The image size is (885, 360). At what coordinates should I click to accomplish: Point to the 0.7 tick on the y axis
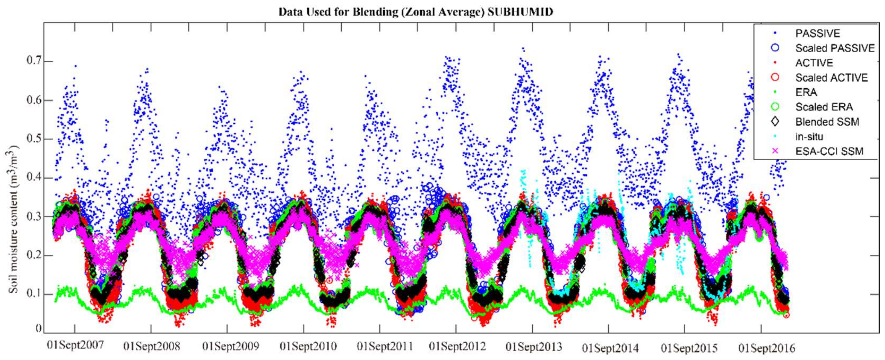[33, 61]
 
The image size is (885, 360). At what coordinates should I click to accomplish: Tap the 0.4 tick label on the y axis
[33, 178]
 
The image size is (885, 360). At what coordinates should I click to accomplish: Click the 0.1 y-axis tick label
[33, 294]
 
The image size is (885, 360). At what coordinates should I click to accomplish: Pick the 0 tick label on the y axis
[38, 328]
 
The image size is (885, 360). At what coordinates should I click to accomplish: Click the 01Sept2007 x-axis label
[75, 345]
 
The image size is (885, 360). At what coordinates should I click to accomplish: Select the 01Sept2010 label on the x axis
[308, 346]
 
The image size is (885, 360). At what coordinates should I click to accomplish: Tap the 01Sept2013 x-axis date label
[533, 347]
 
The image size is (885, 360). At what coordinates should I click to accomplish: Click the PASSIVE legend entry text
[817, 33]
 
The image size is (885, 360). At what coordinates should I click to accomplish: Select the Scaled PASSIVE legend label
[835, 48]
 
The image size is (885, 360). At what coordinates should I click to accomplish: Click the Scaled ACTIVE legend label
[831, 78]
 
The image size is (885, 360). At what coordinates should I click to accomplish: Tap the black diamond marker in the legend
[775, 122]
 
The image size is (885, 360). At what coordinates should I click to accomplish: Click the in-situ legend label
[809, 137]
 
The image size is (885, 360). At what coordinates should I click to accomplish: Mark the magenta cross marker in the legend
[775, 151]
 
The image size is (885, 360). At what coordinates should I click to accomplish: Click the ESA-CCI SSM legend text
[829, 152]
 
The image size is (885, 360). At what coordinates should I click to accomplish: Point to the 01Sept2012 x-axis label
[457, 346]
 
